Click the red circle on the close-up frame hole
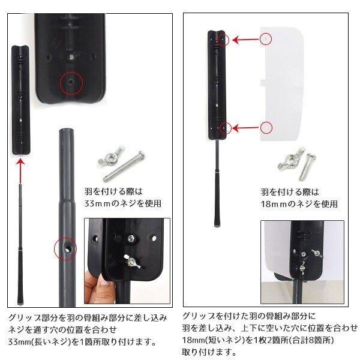pyautogui.click(x=71, y=80)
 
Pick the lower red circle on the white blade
pyautogui.click(x=267, y=127)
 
